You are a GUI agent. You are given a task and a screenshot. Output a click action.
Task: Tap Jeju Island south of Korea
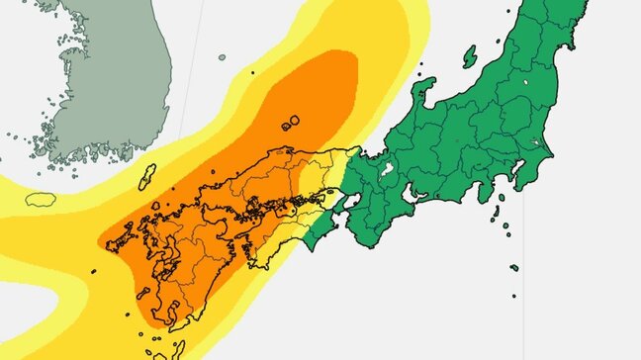coord(41,199)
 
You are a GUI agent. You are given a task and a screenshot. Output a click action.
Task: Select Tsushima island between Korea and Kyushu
coord(147,178)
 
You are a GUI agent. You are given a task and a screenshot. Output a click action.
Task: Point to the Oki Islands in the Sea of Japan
coord(291,124)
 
